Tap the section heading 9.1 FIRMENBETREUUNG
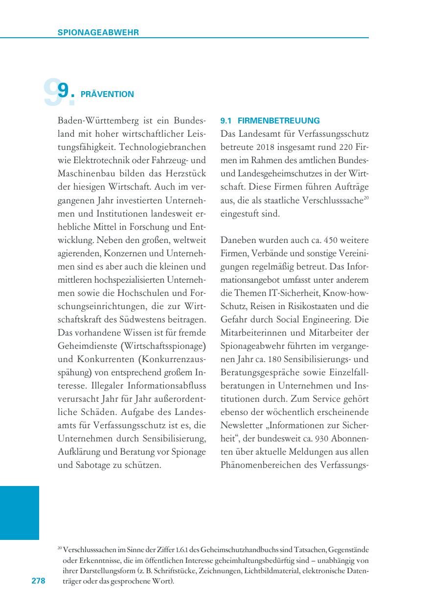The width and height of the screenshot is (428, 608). (270, 121)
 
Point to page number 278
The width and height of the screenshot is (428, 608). (38, 581)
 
